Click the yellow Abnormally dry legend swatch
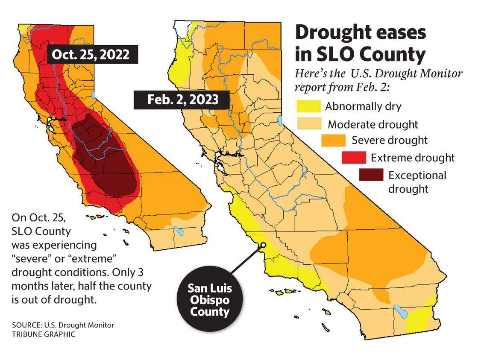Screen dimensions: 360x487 pyautogui.click(x=308, y=106)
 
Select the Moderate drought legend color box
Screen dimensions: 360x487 pyautogui.click(x=310, y=124)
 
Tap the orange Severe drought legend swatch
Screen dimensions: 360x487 pyautogui.click(x=332, y=140)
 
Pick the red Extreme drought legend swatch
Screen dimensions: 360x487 pyautogui.click(x=354, y=158)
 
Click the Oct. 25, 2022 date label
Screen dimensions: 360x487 pyautogui.click(x=90, y=55)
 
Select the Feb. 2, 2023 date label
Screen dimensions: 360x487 pyautogui.click(x=183, y=100)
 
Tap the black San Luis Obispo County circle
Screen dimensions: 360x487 pyautogui.click(x=209, y=299)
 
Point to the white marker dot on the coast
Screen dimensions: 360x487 pyautogui.click(x=264, y=245)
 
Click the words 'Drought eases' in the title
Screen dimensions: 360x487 pyautogui.click(x=361, y=33)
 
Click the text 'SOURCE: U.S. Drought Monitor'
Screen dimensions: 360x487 pyautogui.click(x=63, y=325)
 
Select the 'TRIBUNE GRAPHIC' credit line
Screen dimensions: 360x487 pyautogui.click(x=44, y=334)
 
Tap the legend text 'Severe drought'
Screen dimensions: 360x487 pyautogui.click(x=389, y=140)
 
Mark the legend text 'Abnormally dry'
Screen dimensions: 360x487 pyautogui.click(x=363, y=106)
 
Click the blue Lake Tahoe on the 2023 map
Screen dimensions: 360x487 pyautogui.click(x=280, y=119)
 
